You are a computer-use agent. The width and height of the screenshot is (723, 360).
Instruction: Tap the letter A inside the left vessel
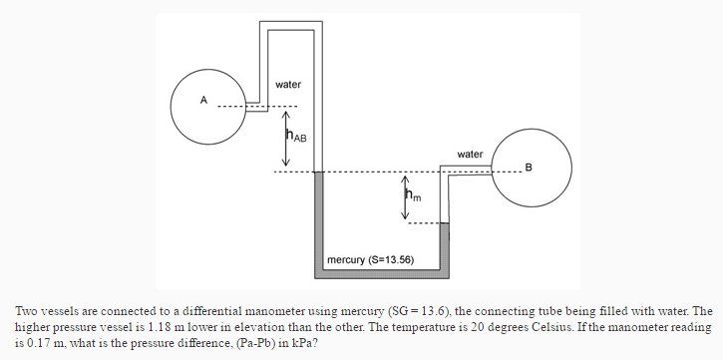[x=203, y=100]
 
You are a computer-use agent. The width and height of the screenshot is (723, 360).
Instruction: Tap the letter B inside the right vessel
[x=530, y=166]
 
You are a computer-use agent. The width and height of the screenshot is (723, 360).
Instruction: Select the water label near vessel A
[x=288, y=85]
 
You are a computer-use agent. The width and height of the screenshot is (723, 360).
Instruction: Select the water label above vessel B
[x=470, y=154]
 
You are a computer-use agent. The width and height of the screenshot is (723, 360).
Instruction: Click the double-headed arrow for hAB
[x=285, y=139]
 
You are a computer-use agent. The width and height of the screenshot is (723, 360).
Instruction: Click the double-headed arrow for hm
[x=405, y=197]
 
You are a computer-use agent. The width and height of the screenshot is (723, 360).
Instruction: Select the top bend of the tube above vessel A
[x=289, y=22]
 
